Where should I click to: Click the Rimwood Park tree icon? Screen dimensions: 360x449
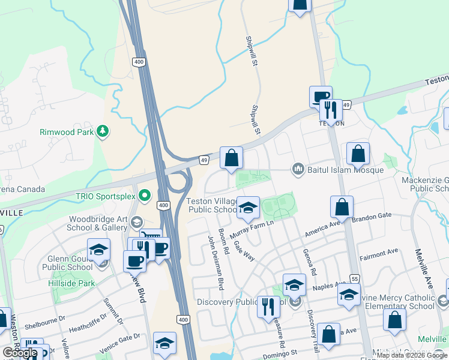click(x=103, y=131)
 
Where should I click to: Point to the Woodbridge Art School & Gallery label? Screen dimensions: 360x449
click(x=97, y=223)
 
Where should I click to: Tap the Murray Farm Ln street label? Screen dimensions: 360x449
click(x=252, y=227)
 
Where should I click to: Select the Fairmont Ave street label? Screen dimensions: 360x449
click(x=379, y=254)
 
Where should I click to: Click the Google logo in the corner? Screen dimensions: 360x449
click(x=19, y=353)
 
